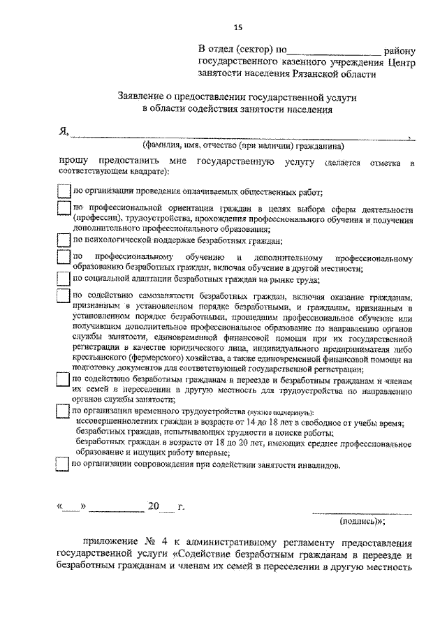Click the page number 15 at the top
point(237,27)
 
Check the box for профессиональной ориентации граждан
point(64,209)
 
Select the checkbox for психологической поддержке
point(64,240)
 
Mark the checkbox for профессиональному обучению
point(64,258)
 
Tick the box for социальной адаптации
point(64,279)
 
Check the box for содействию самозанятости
point(64,297)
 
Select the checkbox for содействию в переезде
point(64,380)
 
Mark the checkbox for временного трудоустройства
point(64,411)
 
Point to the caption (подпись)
point(362,520)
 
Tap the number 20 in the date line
point(154,507)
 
